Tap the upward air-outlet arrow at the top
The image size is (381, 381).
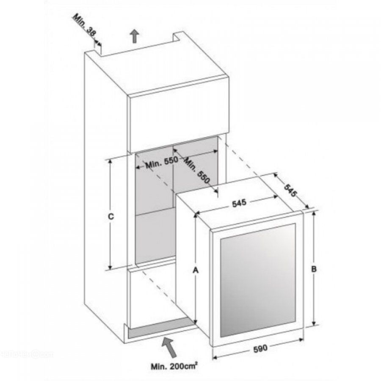(134, 36)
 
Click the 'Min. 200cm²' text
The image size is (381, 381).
(174, 366)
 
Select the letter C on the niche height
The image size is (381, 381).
(111, 216)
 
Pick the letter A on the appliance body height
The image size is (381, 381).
(196, 270)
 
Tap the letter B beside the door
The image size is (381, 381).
(314, 269)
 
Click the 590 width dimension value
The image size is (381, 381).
(260, 349)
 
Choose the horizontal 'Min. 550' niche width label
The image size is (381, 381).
(162, 163)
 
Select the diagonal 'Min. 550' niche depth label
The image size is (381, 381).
(196, 170)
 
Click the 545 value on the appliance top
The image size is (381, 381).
(239, 203)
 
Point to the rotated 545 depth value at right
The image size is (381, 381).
(290, 190)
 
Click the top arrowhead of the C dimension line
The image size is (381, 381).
(110, 161)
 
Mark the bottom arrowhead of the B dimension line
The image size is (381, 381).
(314, 323)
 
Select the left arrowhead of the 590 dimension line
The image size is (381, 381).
(215, 357)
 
